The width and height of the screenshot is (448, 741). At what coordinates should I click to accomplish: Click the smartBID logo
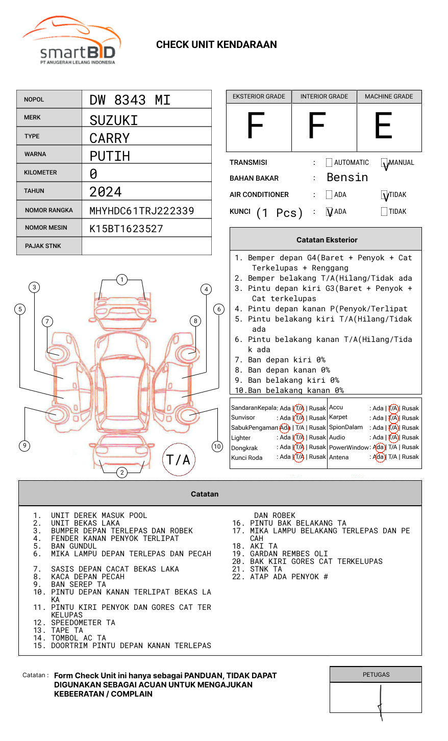tap(71, 41)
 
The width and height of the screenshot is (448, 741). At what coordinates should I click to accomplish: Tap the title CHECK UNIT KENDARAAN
tap(216, 45)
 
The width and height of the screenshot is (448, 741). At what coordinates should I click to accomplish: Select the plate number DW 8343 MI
tap(130, 100)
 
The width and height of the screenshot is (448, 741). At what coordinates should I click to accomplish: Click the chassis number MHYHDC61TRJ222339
tap(142, 211)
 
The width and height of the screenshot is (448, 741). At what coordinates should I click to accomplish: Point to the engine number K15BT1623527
tap(126, 229)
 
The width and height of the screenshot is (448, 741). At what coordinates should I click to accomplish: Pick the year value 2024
tap(106, 192)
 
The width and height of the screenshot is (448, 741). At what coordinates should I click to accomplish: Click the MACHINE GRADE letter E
tap(383, 126)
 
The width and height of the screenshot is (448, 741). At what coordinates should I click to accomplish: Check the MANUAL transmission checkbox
tap(384, 163)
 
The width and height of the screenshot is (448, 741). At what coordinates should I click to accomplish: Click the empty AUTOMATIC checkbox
tap(329, 163)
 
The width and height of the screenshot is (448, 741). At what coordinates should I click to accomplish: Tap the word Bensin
tap(347, 178)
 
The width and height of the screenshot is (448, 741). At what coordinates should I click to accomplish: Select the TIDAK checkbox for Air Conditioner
tap(384, 195)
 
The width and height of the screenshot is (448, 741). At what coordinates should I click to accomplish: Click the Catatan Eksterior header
tap(327, 240)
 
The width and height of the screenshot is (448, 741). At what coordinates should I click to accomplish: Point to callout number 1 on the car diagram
tap(121, 280)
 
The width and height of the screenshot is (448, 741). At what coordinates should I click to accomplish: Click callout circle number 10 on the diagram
tap(217, 447)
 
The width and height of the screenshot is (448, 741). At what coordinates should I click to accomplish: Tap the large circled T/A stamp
tap(178, 460)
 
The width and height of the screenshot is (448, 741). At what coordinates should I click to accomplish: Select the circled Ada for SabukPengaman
tap(285, 428)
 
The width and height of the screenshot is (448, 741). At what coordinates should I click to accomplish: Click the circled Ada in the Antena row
tap(379, 457)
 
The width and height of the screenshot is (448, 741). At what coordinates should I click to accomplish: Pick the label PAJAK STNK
tap(43, 246)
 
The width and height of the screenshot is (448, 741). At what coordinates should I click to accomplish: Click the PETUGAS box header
tap(376, 675)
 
